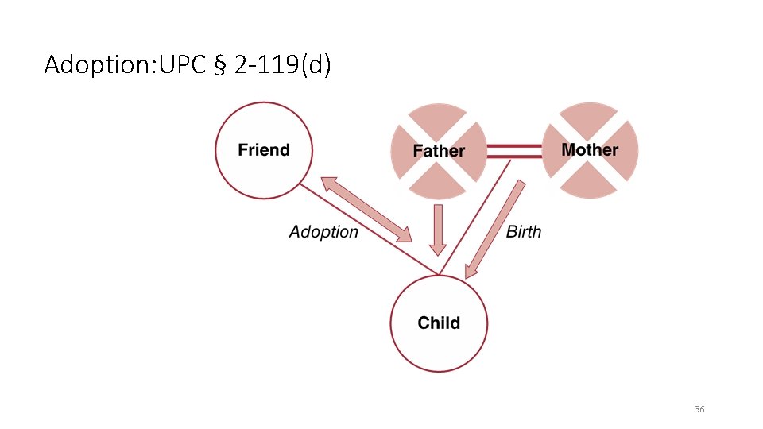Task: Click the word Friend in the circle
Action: tap(264, 150)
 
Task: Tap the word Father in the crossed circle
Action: tap(439, 151)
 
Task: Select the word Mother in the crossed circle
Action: tap(590, 149)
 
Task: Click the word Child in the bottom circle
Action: tap(439, 323)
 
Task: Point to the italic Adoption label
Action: tap(323, 232)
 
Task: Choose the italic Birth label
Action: tap(524, 232)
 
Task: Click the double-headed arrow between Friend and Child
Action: tap(366, 210)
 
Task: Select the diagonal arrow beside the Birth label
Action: tap(494, 229)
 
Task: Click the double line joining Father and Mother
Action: tap(514, 152)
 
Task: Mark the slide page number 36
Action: tap(699, 409)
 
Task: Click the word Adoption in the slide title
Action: tap(99, 64)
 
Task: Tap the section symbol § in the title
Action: tap(220, 65)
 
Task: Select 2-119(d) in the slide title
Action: tap(282, 65)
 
